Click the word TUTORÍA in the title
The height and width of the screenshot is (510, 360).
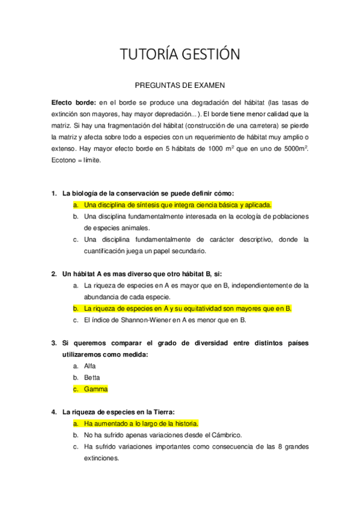pyautogui.click(x=150, y=55)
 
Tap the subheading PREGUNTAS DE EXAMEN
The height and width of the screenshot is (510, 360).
pyautogui.click(x=180, y=86)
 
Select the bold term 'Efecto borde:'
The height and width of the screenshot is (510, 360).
pyautogui.click(x=73, y=102)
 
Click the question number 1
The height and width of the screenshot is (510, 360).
pyautogui.click(x=53, y=193)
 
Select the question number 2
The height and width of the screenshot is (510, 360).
pyautogui.click(x=53, y=274)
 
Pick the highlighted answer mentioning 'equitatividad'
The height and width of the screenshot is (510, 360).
pyautogui.click(x=188, y=309)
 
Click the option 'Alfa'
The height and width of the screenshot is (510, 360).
pyautogui.click(x=90, y=366)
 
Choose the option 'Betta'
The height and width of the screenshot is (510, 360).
pyautogui.click(x=92, y=377)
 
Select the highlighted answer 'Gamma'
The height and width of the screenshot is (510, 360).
pyautogui.click(x=96, y=389)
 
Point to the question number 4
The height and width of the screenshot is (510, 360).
pyautogui.click(x=53, y=412)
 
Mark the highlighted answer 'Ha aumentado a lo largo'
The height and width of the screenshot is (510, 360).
pyautogui.click(x=141, y=423)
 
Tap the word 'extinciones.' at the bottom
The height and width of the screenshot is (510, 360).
pyautogui.click(x=102, y=458)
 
